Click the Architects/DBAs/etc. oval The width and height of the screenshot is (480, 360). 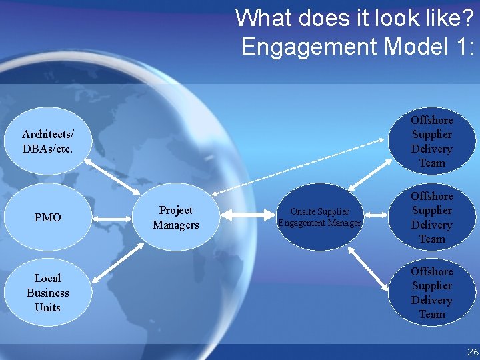47,141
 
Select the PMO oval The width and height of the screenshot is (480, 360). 47,217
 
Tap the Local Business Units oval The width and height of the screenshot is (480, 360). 47,293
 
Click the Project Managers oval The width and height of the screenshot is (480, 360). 175,218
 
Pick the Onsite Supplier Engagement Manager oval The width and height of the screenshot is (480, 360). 320,217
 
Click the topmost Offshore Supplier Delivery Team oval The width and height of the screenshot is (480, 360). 431,141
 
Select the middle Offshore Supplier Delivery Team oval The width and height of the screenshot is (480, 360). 431,217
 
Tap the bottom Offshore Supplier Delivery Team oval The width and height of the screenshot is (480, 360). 431,293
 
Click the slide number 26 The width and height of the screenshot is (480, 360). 472,351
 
